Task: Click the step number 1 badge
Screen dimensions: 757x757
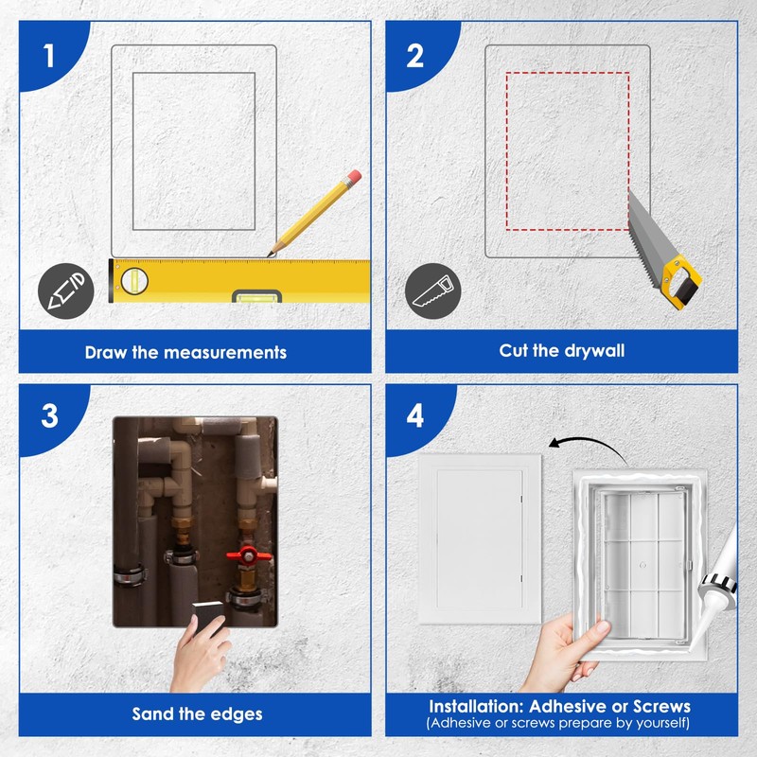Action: coord(49,56)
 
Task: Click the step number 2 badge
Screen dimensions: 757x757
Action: coord(415,56)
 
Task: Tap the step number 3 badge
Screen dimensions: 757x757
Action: coord(50,415)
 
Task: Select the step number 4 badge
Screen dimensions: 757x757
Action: coord(415,415)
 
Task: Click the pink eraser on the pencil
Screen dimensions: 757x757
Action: coord(354,176)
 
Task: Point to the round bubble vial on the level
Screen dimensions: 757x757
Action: coord(134,281)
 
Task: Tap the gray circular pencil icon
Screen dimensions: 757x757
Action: coord(65,290)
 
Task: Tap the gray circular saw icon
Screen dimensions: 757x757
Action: coord(432,290)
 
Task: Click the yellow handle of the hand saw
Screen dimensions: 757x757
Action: coord(681,282)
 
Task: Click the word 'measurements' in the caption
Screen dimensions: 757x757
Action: coord(225,352)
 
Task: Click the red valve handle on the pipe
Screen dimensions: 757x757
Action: coord(249,555)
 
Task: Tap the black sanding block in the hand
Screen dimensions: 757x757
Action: coord(208,614)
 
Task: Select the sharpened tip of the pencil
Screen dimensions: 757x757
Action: coord(270,255)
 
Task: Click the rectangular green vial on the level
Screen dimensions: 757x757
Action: coord(256,298)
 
